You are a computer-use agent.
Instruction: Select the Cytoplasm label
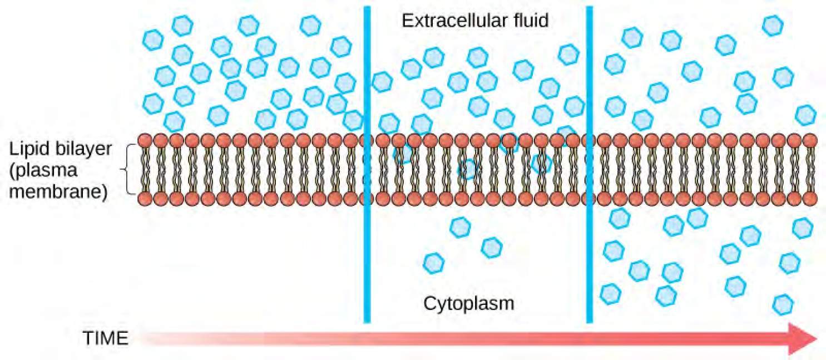468,304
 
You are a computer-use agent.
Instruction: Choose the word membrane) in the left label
58,193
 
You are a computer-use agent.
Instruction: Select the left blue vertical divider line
367,167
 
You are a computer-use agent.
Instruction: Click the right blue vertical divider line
589,167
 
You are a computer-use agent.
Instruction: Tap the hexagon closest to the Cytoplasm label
434,262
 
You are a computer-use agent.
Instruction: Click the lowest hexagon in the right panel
784,304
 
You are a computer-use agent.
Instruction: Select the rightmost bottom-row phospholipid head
810,198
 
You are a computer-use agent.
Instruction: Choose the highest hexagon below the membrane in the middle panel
459,226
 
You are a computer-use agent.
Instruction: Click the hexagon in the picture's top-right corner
773,24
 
